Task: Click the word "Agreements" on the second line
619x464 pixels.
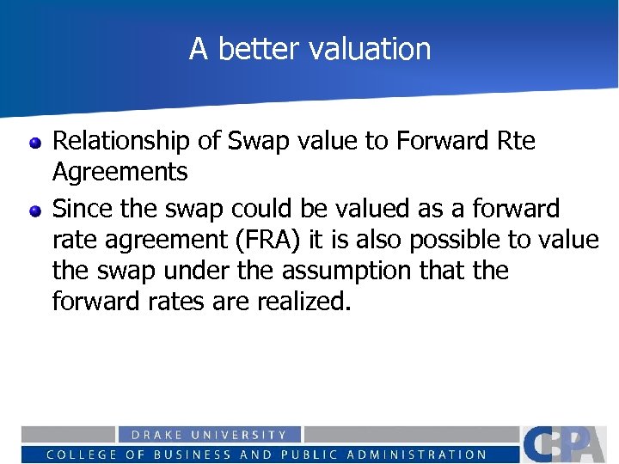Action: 120,172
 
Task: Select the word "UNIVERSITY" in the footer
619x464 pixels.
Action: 244,436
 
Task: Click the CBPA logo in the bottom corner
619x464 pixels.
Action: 568,444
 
